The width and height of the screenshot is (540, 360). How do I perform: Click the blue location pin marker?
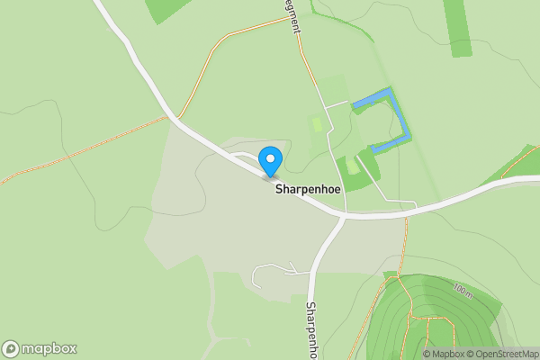(x=269, y=160)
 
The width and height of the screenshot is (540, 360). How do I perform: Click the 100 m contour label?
(x=463, y=291)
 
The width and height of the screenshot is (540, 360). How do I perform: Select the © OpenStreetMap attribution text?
(x=506, y=354)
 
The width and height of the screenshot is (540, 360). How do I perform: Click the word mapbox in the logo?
(x=49, y=348)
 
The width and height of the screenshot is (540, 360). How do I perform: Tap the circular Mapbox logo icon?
(x=11, y=348)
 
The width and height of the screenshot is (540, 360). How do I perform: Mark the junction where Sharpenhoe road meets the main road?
(x=343, y=216)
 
